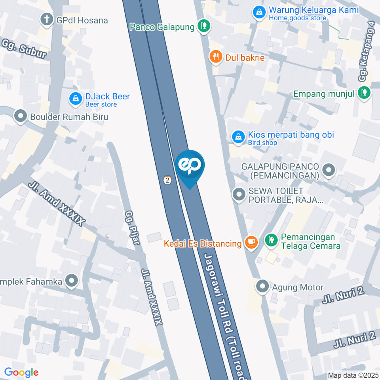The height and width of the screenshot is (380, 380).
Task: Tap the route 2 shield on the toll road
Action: pos(168,180)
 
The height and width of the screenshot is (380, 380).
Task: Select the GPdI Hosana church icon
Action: pos(47,19)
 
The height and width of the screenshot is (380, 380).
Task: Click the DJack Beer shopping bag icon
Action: pos(75,99)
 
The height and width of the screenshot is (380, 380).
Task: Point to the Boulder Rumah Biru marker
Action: pos(20,117)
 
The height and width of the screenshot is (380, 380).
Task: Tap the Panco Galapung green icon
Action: pos(204,27)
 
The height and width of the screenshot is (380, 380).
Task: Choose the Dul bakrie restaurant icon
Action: pos(216,57)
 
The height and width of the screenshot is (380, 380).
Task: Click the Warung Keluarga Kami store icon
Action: pos(259,13)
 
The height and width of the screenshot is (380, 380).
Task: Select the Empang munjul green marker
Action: pos(363,93)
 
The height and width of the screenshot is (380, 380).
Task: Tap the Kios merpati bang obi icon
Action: pos(238,137)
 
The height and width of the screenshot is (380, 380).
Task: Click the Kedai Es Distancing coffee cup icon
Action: pos(251,242)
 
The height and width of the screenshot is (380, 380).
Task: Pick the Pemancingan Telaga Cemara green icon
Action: pos(271,240)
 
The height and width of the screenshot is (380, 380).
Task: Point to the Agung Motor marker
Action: pos(262,287)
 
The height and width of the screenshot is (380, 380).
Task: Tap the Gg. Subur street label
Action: pos(24,49)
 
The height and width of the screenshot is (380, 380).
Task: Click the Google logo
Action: pos(21,372)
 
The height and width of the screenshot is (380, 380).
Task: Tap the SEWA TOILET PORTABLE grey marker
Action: pos(239,195)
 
